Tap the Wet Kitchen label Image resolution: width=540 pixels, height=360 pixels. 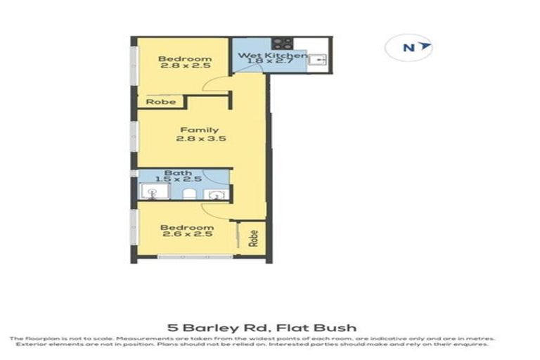[272, 55]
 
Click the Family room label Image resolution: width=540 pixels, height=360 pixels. [199, 130]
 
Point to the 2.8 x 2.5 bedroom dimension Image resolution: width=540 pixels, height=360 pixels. [185, 68]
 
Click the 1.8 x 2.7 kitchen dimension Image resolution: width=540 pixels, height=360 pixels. [271, 63]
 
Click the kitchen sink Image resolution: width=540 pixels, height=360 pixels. [318, 60]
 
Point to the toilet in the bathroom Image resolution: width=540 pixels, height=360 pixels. [190, 193]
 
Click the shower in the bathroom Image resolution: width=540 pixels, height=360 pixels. [150, 193]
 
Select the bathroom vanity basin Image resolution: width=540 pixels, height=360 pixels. [219, 194]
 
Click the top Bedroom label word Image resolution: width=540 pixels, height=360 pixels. [185, 59]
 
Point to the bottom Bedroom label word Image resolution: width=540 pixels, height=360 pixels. [186, 228]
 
